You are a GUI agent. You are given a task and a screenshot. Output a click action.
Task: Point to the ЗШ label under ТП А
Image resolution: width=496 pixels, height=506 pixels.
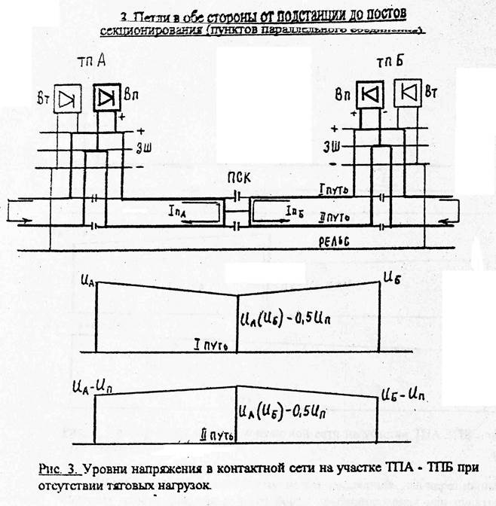(x=142, y=147)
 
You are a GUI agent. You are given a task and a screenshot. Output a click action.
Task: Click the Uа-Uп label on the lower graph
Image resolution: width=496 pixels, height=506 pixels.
(x=90, y=387)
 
